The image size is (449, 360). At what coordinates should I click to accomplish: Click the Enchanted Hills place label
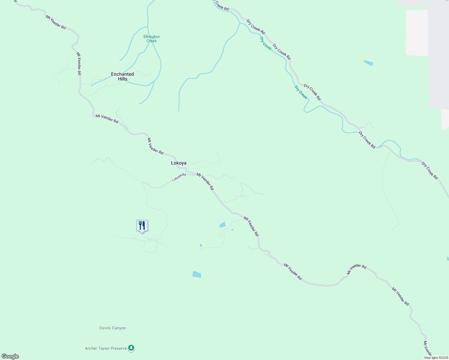coord(122,76)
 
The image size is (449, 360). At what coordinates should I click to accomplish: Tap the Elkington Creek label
coord(152,39)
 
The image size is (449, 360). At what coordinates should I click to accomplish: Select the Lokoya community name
coord(179,163)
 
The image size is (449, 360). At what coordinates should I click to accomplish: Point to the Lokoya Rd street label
coord(179,177)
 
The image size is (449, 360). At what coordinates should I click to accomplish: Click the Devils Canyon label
coord(113,328)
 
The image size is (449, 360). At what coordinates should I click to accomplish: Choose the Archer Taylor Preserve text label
coord(106,348)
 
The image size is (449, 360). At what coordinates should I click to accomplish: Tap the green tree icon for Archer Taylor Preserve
coord(131,348)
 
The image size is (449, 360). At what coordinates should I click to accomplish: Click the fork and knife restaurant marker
coord(142,226)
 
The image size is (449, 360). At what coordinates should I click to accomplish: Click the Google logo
coord(10,356)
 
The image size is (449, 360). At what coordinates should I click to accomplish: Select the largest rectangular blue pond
coord(197,274)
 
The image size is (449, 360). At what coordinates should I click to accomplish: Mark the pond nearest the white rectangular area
coord(368,63)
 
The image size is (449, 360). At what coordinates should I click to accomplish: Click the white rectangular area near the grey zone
coord(417,32)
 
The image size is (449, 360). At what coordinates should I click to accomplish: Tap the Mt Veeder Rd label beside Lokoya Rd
coord(205,181)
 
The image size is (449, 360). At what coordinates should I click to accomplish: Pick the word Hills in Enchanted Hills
coord(122,79)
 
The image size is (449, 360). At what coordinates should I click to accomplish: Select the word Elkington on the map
coord(152,37)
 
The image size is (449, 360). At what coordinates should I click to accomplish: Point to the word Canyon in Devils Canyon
coord(119,328)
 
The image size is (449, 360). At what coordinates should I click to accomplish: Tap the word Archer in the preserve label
coord(91,348)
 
